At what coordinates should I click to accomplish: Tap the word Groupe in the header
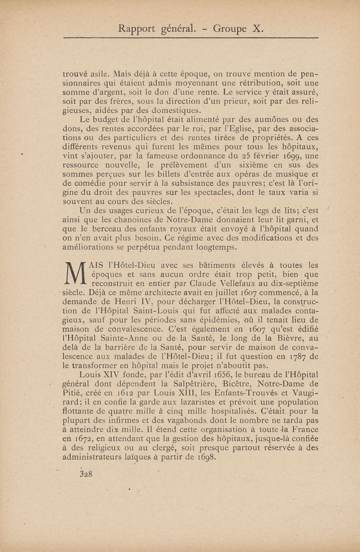pyautogui.click(x=229, y=30)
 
